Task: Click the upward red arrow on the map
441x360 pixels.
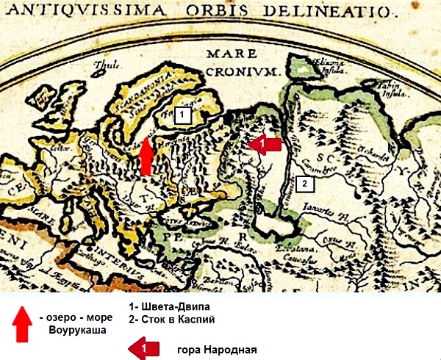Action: tap(146, 156)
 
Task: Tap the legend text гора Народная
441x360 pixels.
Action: tap(218, 348)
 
